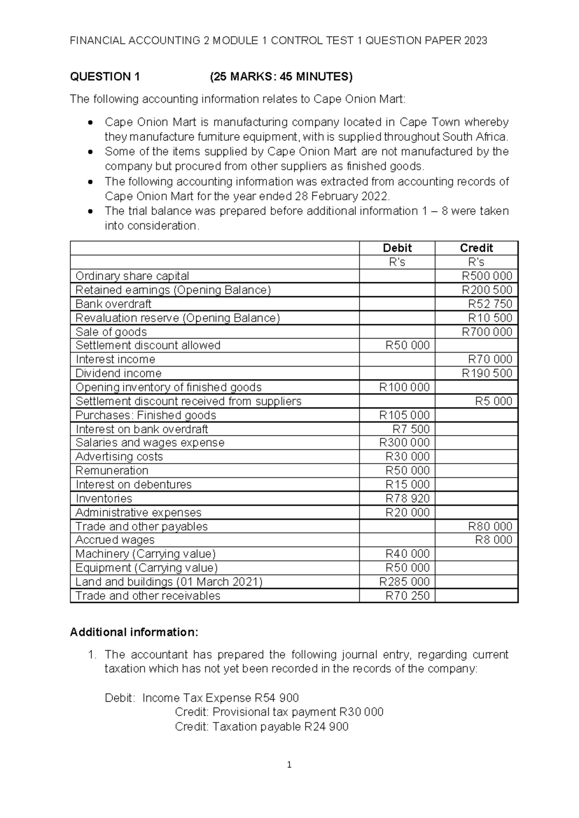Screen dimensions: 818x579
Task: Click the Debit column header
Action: tap(397, 248)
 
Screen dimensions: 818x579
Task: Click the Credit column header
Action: tap(476, 248)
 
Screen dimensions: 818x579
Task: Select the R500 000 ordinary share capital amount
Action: tap(487, 276)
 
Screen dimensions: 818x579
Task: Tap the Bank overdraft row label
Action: tap(113, 304)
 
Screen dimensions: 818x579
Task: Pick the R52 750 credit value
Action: tap(490, 304)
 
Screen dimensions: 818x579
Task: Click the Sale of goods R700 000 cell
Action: tap(487, 332)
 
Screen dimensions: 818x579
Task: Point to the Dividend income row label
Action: tap(118, 373)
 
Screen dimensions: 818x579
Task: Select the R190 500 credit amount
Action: tap(487, 373)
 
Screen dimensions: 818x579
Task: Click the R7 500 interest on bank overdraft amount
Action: tap(411, 429)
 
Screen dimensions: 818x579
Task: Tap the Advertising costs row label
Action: tap(119, 457)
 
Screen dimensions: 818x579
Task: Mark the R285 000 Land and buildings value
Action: tap(404, 582)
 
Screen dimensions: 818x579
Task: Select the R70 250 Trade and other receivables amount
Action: tap(407, 596)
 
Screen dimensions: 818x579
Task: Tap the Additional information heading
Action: tap(134, 632)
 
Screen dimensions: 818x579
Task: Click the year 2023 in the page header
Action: tap(475, 41)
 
